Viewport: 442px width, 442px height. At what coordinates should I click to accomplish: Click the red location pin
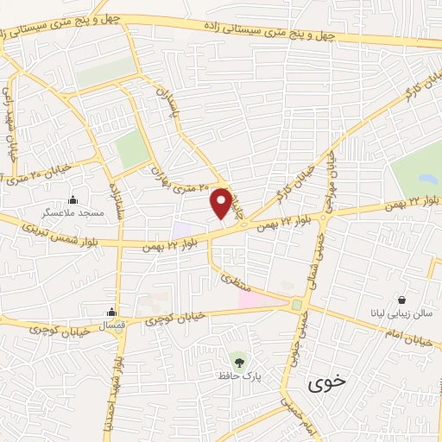[x=221, y=203]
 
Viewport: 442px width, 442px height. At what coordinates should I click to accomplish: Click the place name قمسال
[x=112, y=325]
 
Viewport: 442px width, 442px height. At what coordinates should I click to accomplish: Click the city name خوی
[x=319, y=379]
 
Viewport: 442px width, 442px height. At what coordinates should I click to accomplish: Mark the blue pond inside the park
[x=426, y=180]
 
